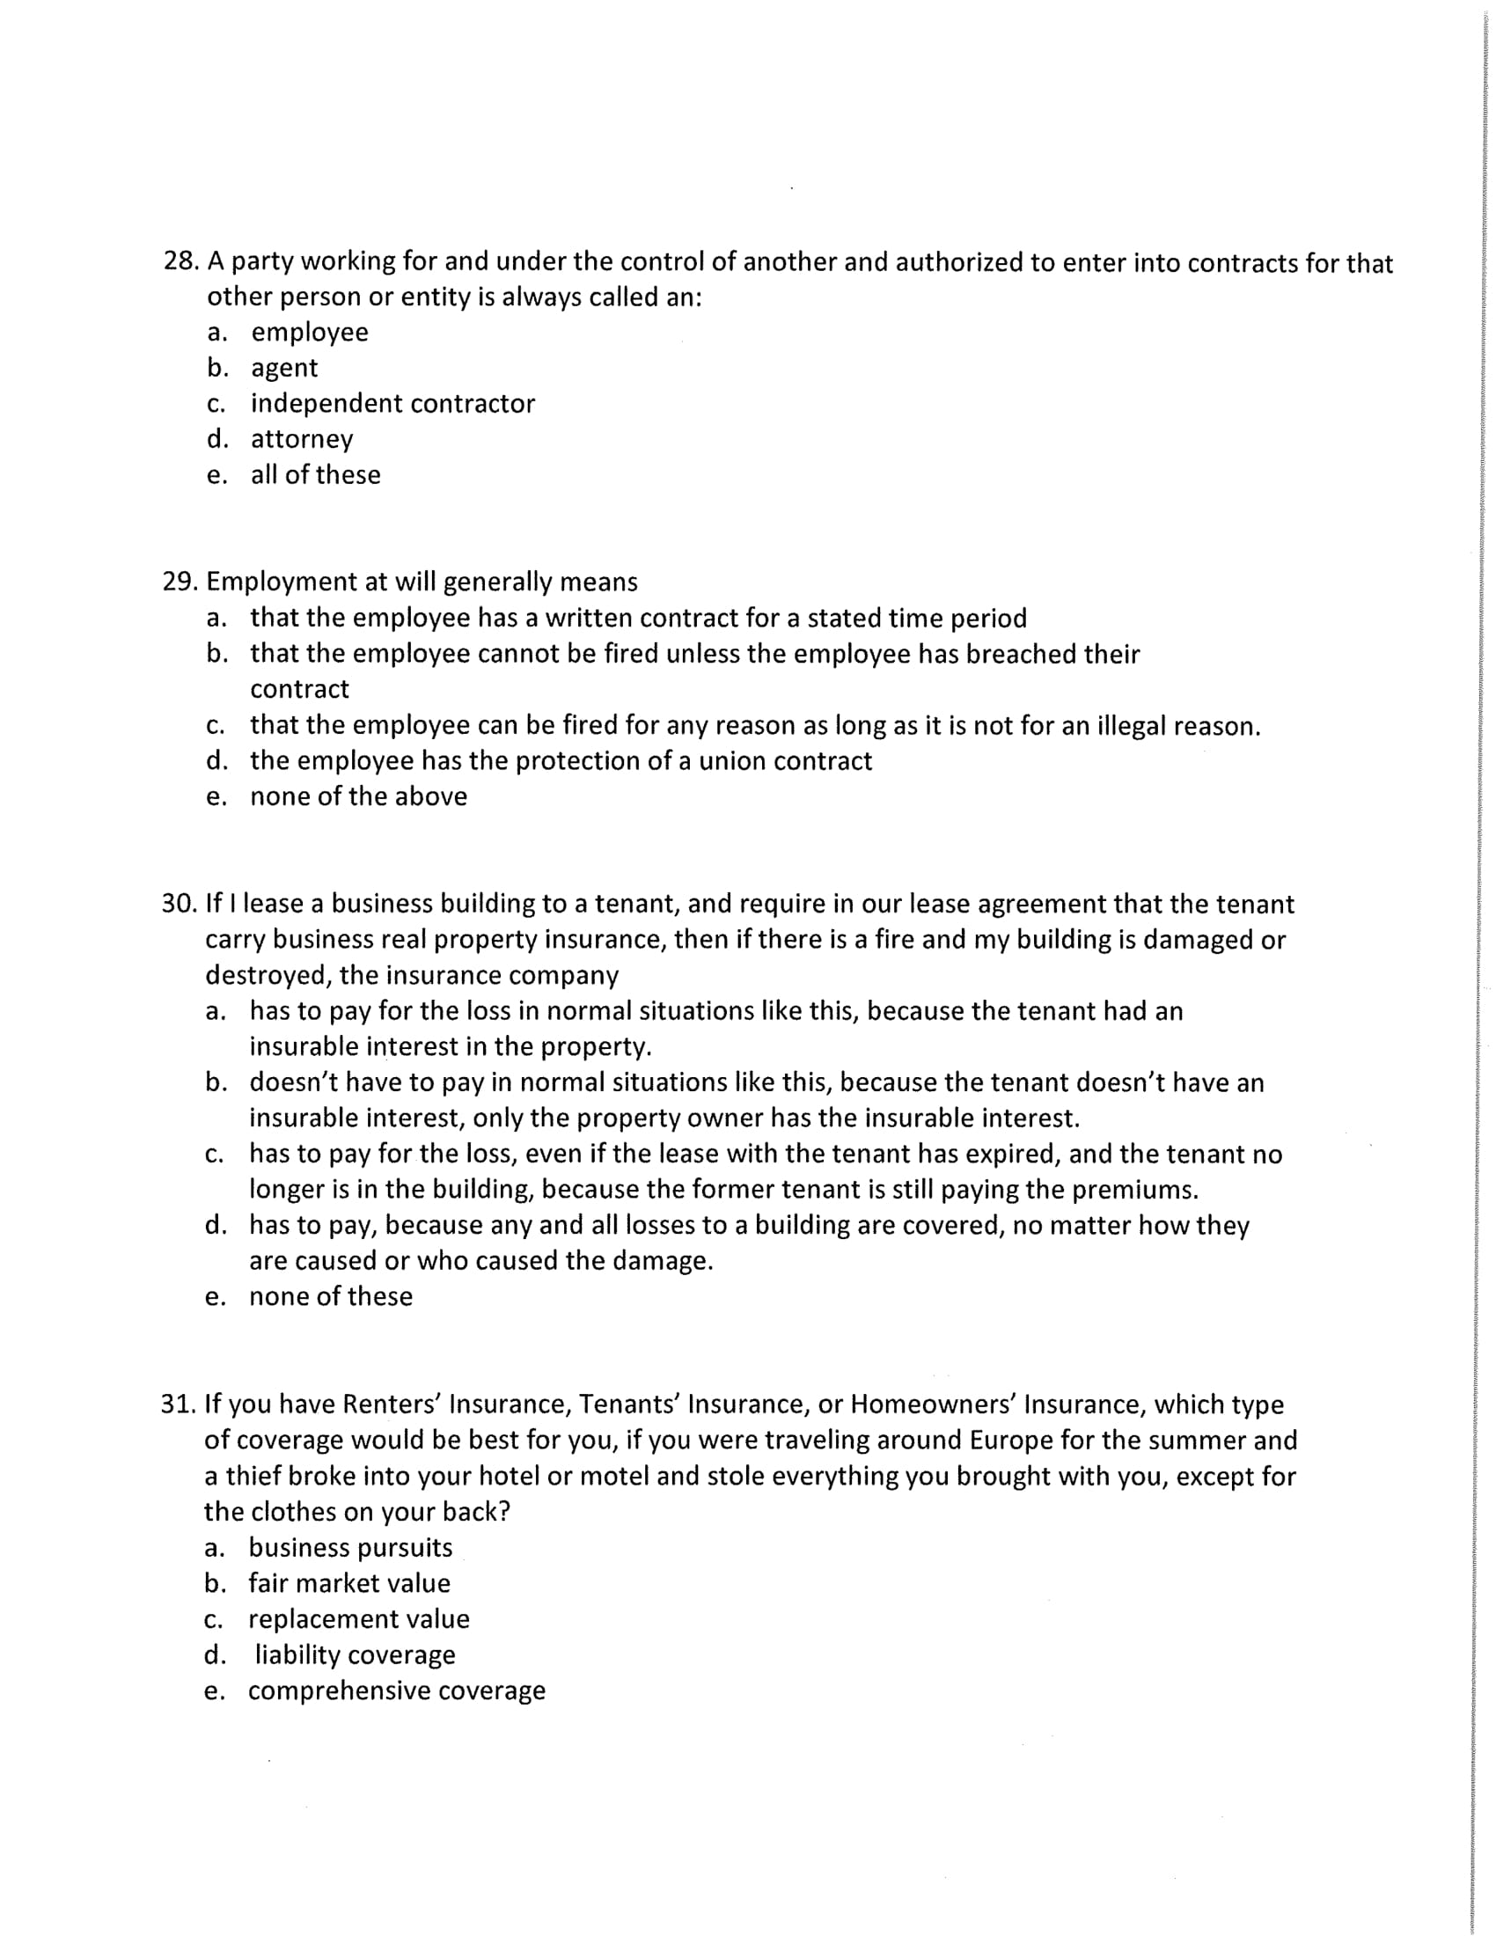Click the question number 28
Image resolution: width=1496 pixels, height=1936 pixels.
180,261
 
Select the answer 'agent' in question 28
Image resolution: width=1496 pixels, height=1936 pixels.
283,368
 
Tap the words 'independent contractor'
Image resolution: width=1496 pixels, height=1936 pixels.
392,403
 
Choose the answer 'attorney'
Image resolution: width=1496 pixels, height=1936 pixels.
301,440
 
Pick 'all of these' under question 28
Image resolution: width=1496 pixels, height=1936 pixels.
316,475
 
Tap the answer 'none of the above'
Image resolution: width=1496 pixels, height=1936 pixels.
358,797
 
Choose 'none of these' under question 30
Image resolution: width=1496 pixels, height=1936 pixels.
331,1297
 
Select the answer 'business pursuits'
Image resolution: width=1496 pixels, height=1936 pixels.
350,1548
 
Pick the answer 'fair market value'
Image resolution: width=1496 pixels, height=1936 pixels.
349,1583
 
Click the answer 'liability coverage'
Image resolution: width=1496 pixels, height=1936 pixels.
355,1655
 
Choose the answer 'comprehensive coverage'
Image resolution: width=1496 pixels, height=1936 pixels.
396,1690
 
